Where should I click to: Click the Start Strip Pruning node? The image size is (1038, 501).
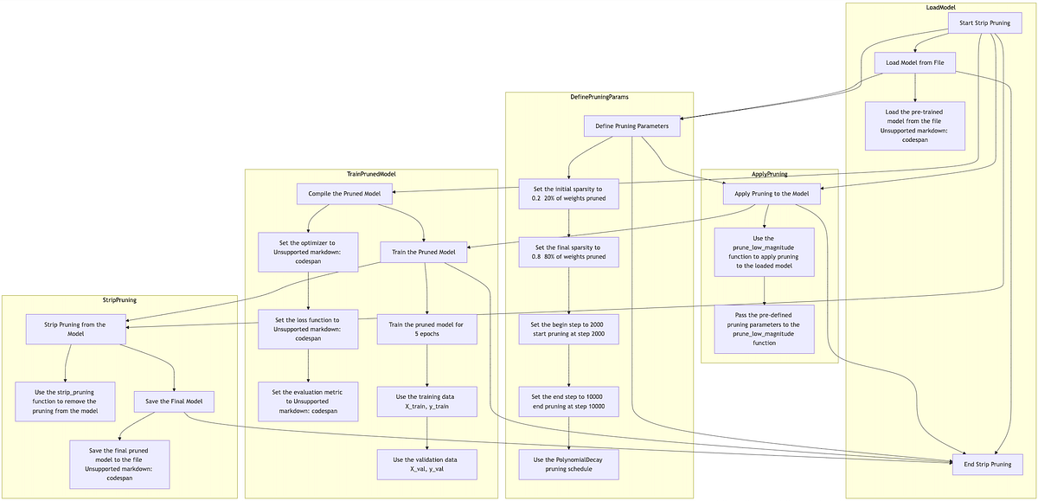pyautogui.click(x=984, y=23)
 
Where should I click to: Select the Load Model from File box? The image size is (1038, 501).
pyautogui.click(x=915, y=62)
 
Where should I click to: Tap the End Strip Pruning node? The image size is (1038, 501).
pyautogui.click(x=988, y=465)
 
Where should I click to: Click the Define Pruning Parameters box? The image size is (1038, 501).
pyautogui.click(x=632, y=126)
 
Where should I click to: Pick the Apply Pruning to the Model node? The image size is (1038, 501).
pyautogui.click(x=772, y=194)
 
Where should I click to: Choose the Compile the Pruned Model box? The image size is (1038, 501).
pyautogui.click(x=344, y=194)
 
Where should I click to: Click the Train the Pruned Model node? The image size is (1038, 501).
pyautogui.click(x=424, y=252)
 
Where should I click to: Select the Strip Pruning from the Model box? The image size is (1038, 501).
pyautogui.click(x=75, y=329)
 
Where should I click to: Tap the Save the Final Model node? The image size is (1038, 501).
pyautogui.click(x=174, y=401)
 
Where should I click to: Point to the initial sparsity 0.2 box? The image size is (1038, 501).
pyautogui.click(x=568, y=194)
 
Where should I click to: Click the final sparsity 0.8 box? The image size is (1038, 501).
pyautogui.click(x=568, y=252)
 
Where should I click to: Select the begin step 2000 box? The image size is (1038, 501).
pyautogui.click(x=568, y=329)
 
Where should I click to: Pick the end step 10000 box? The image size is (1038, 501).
pyautogui.click(x=568, y=401)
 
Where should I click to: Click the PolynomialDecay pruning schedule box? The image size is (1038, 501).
pyautogui.click(x=568, y=465)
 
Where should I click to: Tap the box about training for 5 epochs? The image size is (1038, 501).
pyautogui.click(x=426, y=329)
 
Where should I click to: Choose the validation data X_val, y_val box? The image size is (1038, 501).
pyautogui.click(x=426, y=465)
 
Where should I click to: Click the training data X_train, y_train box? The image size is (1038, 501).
pyautogui.click(x=426, y=401)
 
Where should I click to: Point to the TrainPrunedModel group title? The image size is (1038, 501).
pyautogui.click(x=371, y=174)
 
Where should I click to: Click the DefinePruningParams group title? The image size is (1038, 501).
pyautogui.click(x=599, y=97)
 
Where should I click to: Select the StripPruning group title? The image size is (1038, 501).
pyautogui.click(x=119, y=300)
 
